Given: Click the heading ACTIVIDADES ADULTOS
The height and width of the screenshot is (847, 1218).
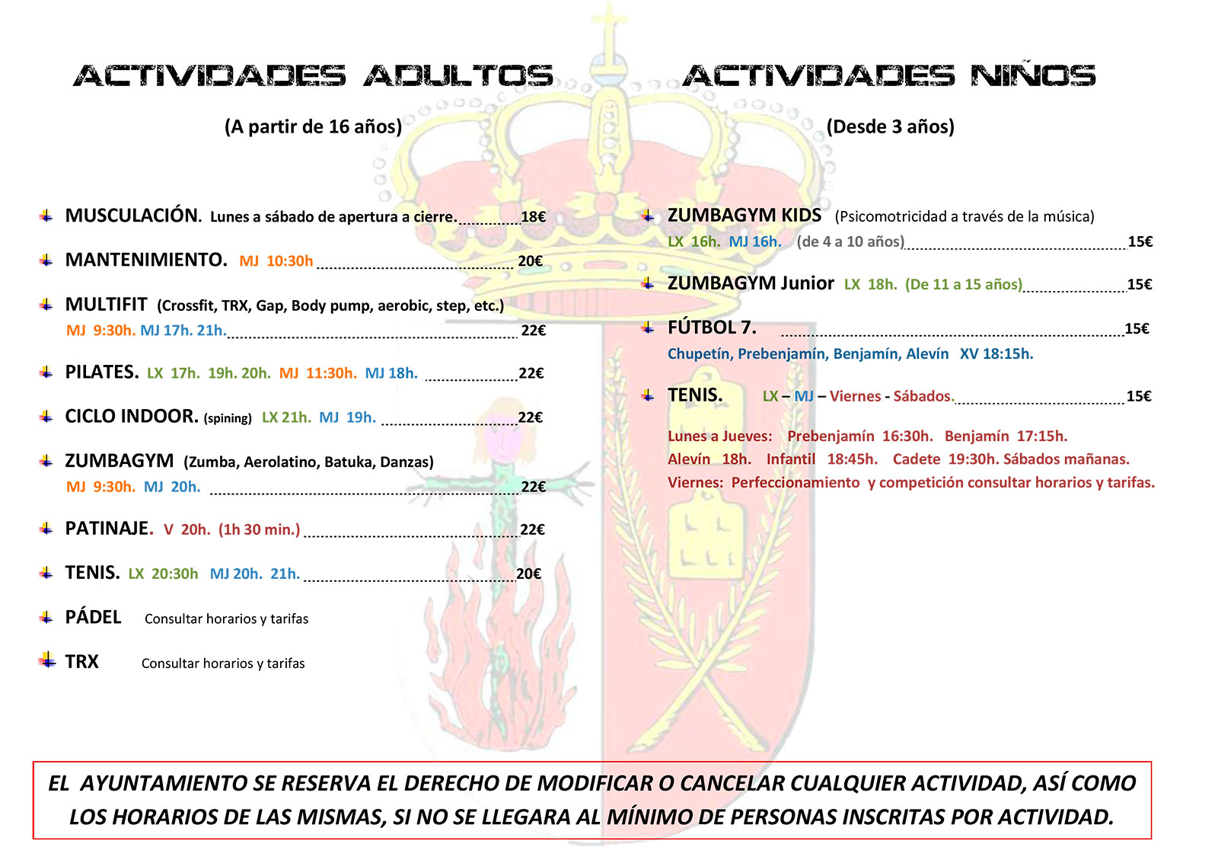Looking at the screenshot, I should pos(313,76).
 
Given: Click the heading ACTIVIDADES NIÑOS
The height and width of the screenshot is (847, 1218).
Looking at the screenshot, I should pos(889,76).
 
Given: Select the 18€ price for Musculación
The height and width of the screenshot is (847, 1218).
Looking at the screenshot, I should pos(533,217).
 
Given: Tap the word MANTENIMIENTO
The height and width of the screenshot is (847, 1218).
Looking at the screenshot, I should pos(146,260).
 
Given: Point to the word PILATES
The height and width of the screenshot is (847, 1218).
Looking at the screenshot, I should pos(101,372).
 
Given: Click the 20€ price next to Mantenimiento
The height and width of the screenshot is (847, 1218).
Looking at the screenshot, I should pos(530,261).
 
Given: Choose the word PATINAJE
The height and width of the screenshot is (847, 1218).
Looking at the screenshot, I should pos(109,529).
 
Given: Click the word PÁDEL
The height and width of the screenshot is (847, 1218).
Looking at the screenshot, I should pos(93,618).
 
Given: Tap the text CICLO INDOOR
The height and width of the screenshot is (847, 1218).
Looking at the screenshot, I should pos(132,417).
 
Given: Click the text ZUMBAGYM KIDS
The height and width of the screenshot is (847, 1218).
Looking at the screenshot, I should pos(744,216).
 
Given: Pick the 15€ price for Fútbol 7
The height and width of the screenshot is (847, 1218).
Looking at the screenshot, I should pos(1137,329).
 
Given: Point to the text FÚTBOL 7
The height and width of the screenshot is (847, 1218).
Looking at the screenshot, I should pos(712,328).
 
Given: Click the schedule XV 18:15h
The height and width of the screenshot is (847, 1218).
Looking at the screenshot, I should pos(996,354).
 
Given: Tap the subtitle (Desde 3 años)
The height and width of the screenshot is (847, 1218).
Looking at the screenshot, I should pos(890,126).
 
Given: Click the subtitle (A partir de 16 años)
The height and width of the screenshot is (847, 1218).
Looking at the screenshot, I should pos(313,126).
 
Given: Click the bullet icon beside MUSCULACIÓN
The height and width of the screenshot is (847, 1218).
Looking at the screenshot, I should pos(46,216).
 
